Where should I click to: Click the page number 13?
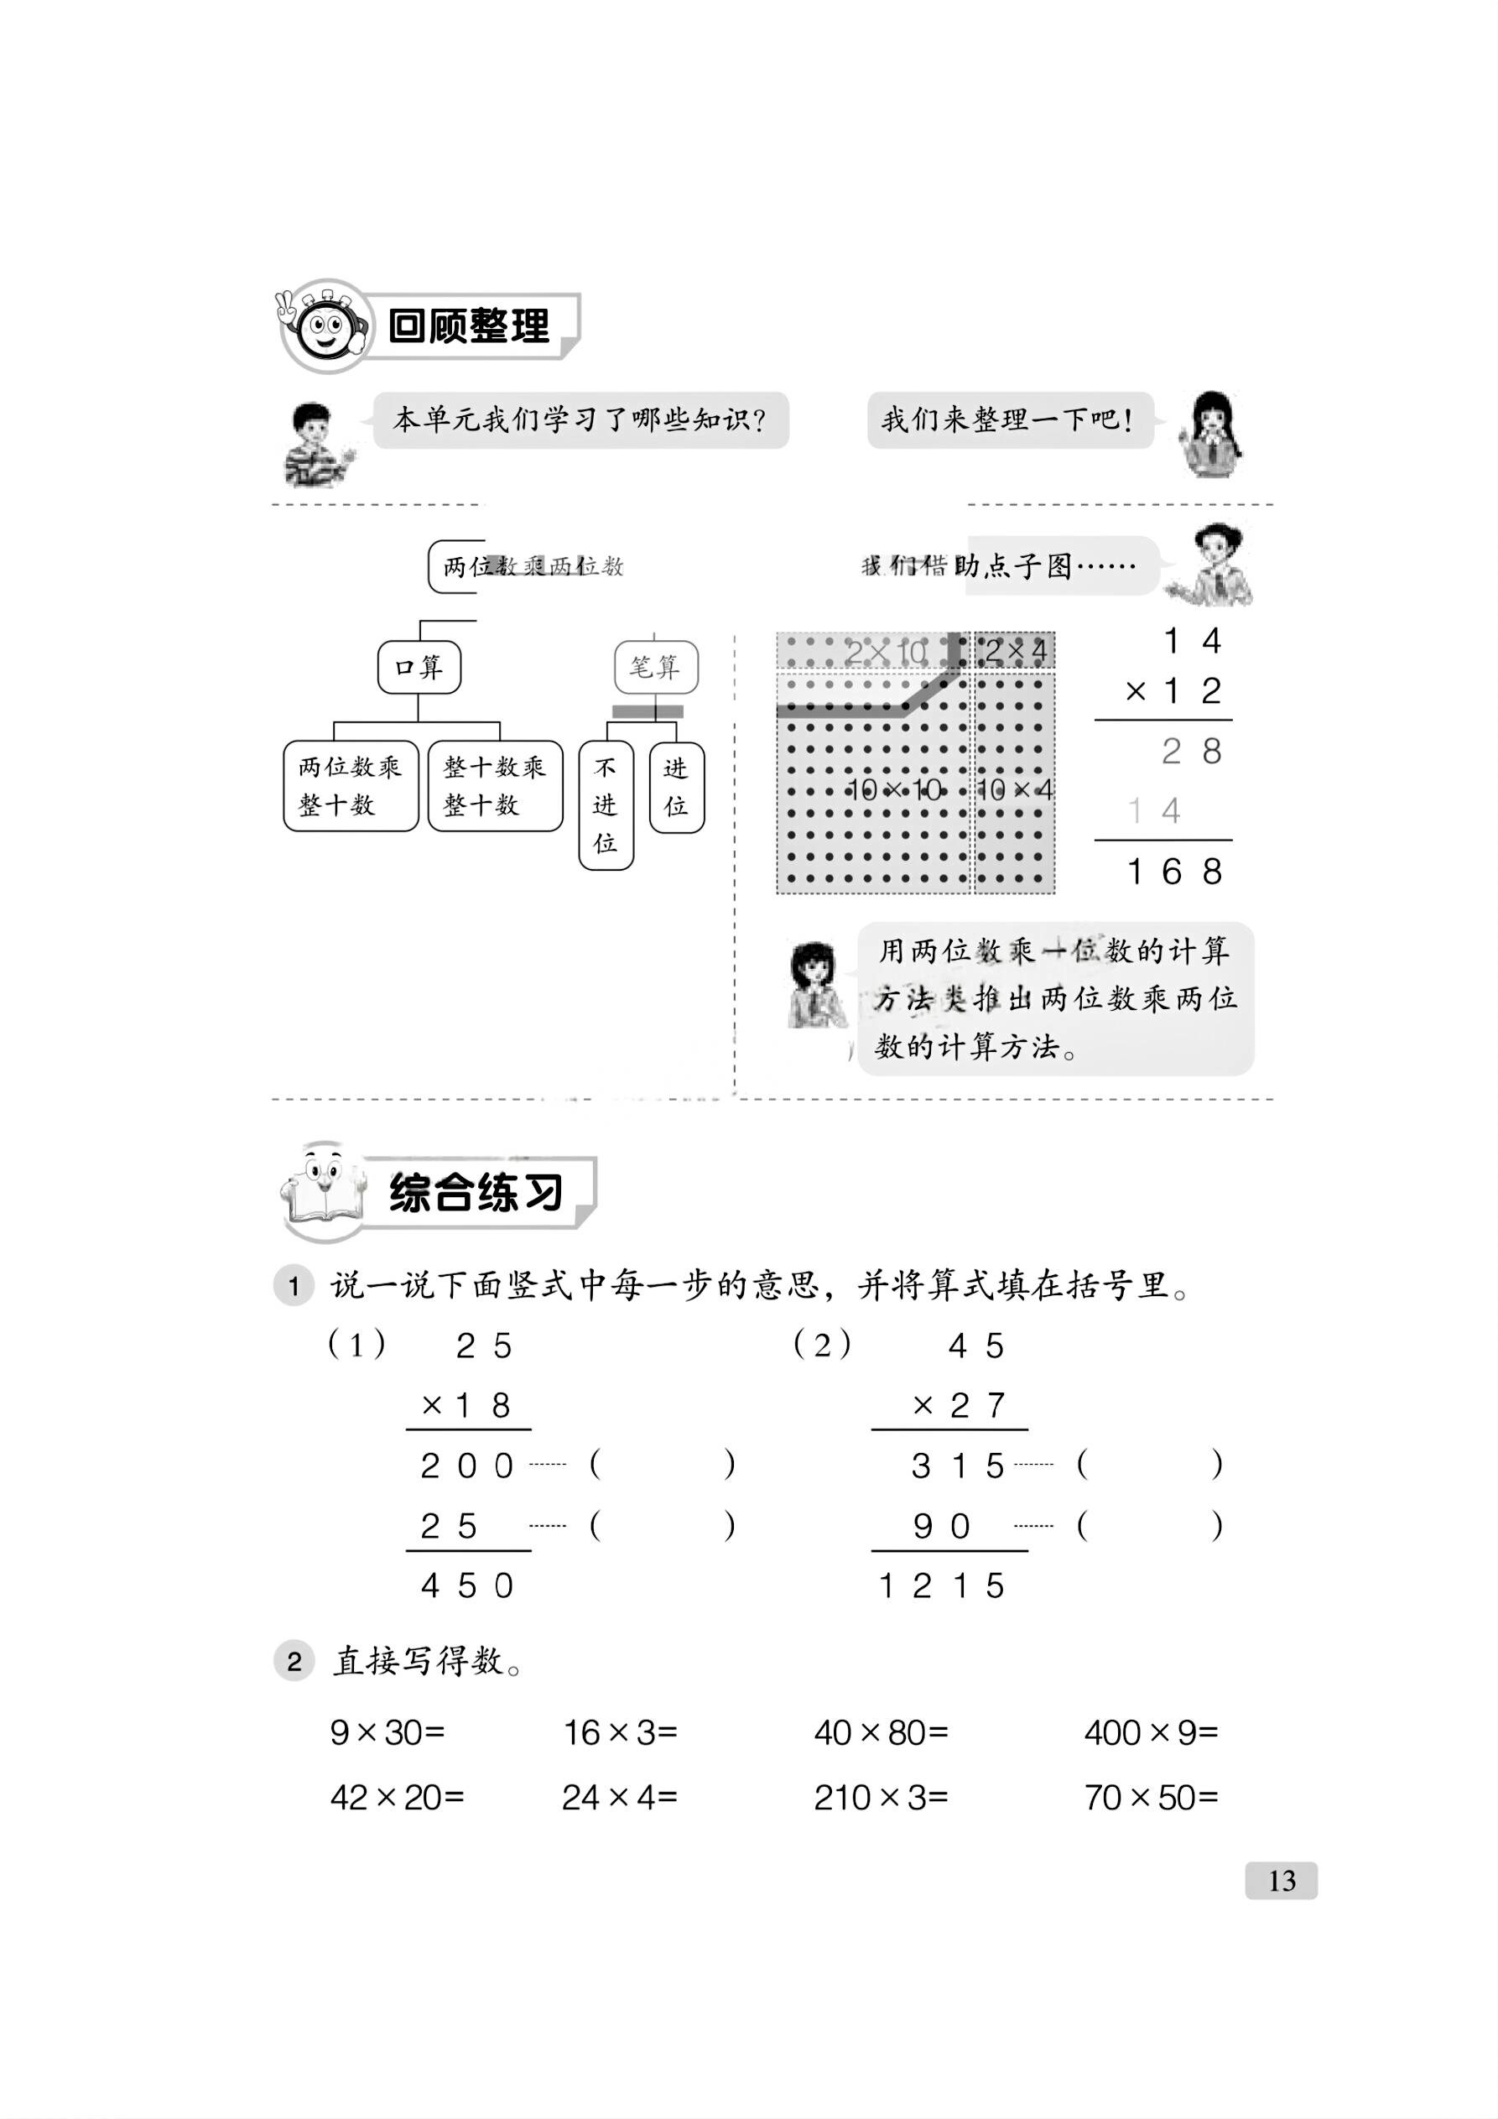click(1281, 1880)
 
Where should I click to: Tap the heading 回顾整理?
click(469, 325)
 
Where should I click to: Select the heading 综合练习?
click(476, 1191)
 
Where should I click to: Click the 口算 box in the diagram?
click(419, 666)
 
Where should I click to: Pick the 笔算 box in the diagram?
click(655, 666)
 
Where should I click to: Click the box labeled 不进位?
click(606, 804)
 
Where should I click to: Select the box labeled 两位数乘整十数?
click(351, 785)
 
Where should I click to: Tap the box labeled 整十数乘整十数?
click(496, 785)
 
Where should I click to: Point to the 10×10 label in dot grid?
click(894, 789)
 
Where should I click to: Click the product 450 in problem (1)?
click(467, 1585)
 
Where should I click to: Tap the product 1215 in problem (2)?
click(941, 1585)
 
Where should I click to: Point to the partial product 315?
click(958, 1466)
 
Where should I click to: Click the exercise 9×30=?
click(388, 1732)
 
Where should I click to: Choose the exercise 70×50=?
click(1151, 1797)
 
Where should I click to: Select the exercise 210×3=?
click(881, 1797)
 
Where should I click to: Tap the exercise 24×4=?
click(620, 1797)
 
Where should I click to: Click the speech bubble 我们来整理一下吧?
click(1009, 421)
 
